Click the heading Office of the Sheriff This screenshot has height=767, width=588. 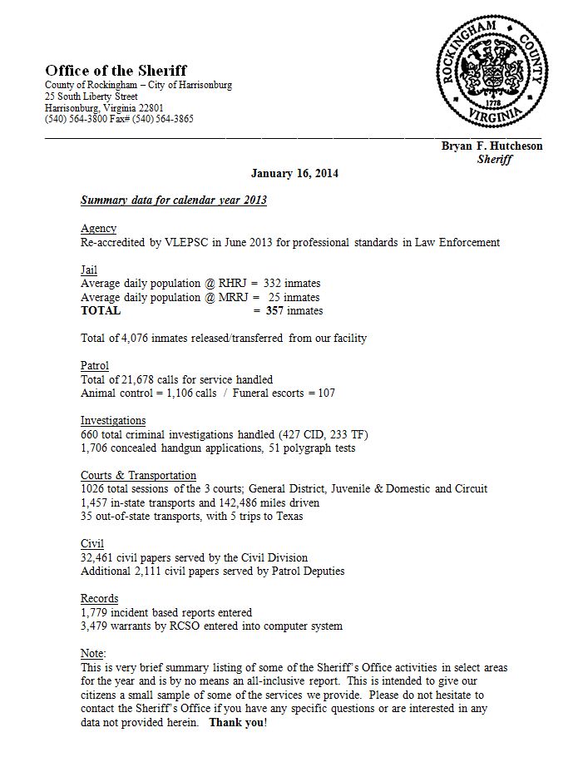[x=116, y=71]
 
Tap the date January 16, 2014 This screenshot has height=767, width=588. [x=294, y=174]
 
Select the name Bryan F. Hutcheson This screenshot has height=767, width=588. [x=492, y=146]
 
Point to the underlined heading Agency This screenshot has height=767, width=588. [x=98, y=229]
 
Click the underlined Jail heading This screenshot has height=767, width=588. [x=89, y=270]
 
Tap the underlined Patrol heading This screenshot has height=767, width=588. [x=94, y=366]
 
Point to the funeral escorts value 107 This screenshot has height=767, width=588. [x=324, y=393]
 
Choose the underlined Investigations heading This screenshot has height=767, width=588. [x=113, y=421]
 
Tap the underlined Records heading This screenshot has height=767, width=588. [x=99, y=599]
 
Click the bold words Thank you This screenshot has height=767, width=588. [x=237, y=722]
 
